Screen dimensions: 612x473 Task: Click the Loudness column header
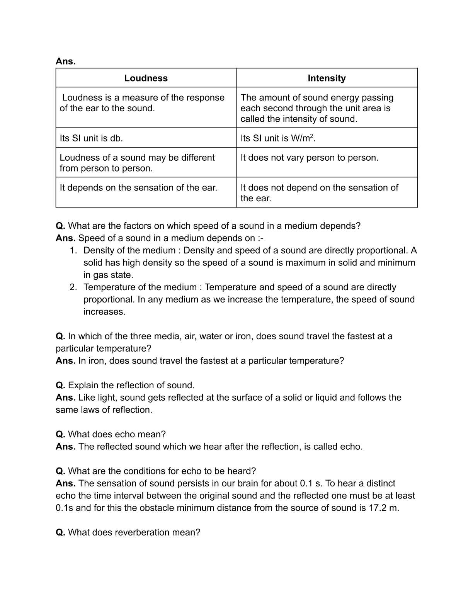[146, 78]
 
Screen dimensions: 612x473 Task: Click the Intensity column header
[327, 78]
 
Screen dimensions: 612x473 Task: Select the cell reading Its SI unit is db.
[91, 138]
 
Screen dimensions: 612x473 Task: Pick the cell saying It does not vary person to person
[309, 158]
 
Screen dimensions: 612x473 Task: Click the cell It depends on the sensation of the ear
[138, 188]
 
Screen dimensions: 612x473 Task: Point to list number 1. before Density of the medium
[73, 250]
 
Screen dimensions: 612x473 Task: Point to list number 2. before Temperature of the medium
[73, 287]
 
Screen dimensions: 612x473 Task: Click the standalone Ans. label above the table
[65, 61]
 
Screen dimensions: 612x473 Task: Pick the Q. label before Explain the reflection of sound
[60, 385]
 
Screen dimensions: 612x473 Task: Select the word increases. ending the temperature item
[104, 312]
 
